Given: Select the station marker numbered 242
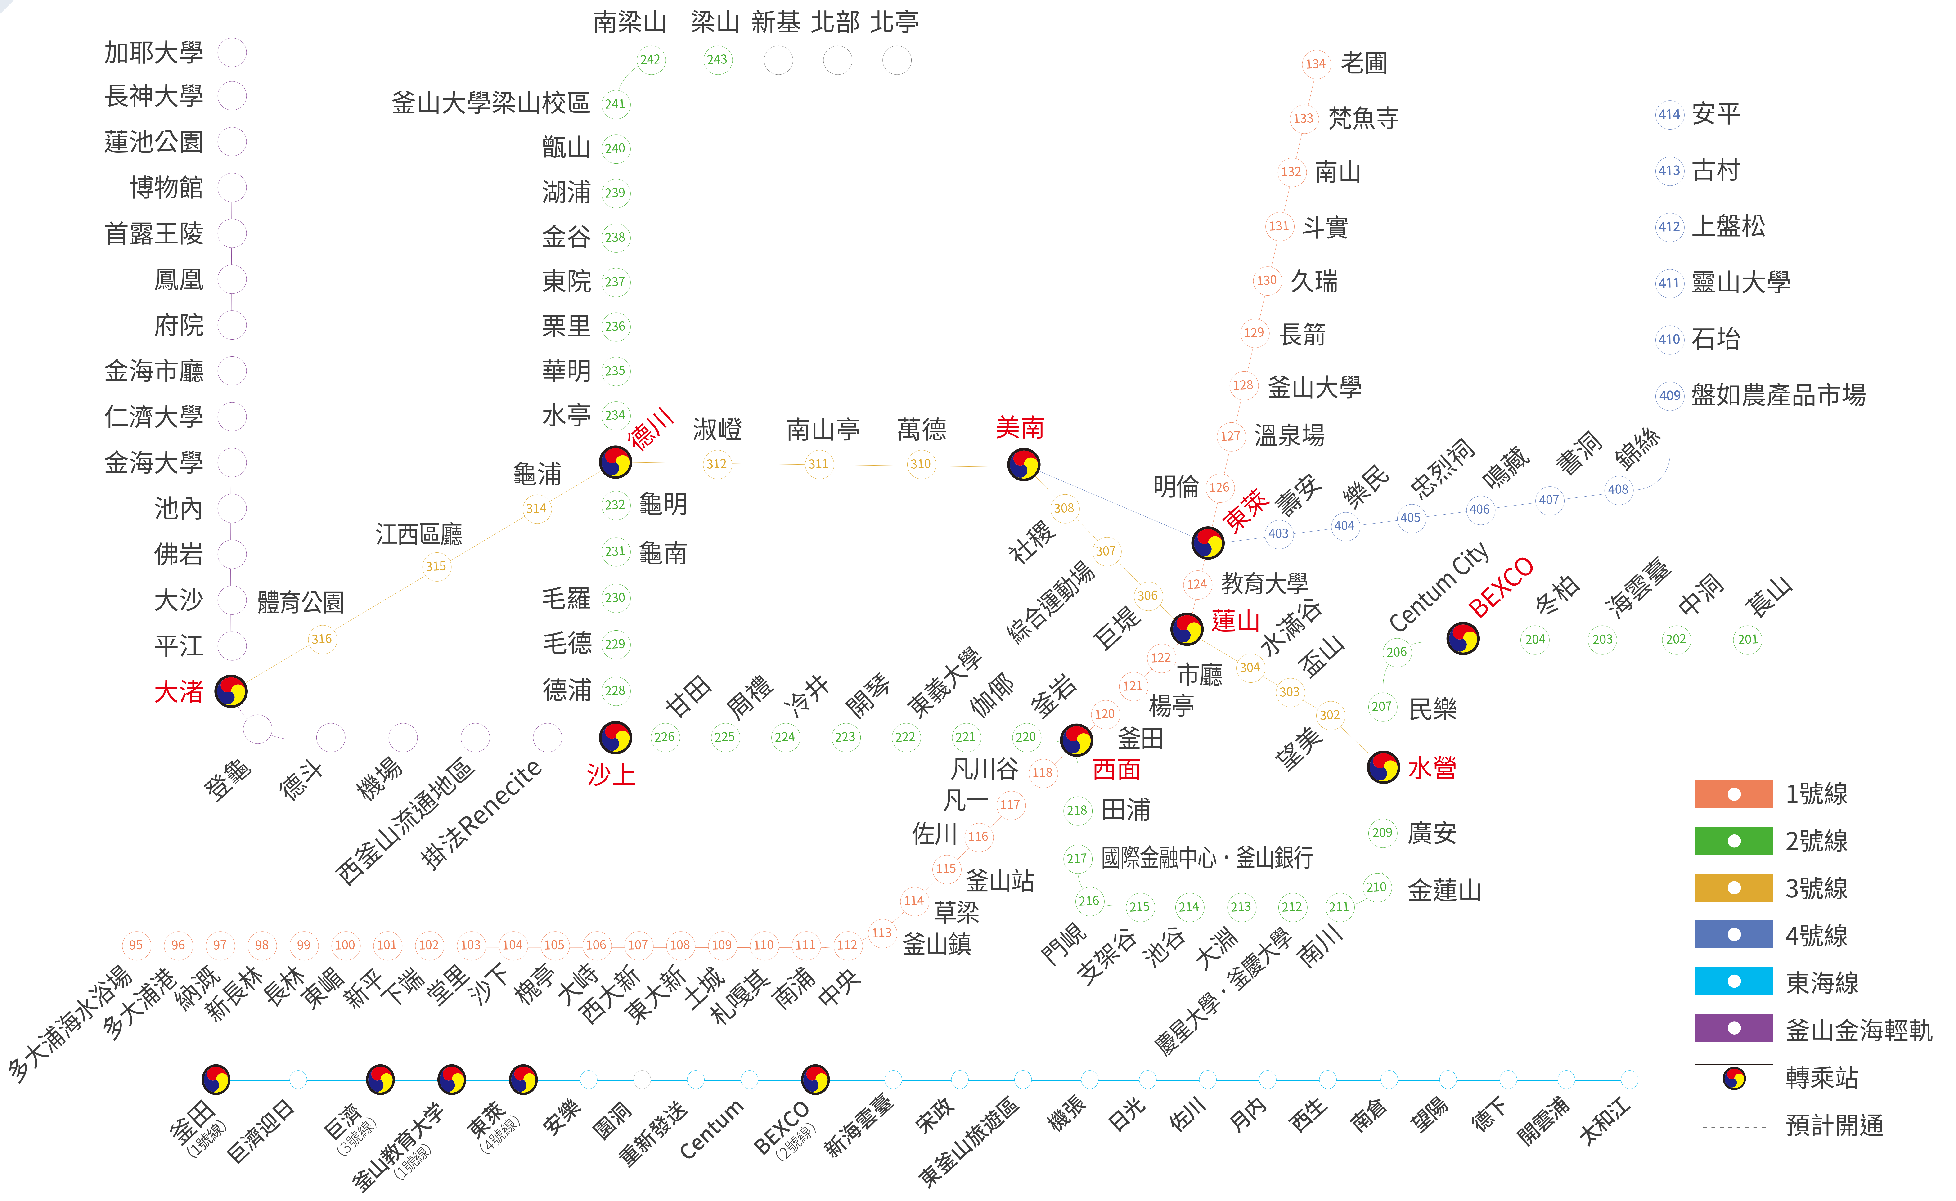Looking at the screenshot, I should [x=650, y=60].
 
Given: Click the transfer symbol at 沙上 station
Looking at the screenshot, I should [x=615, y=737].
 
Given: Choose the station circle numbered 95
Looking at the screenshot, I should [x=136, y=944].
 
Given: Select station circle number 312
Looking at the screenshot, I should [x=716, y=464].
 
